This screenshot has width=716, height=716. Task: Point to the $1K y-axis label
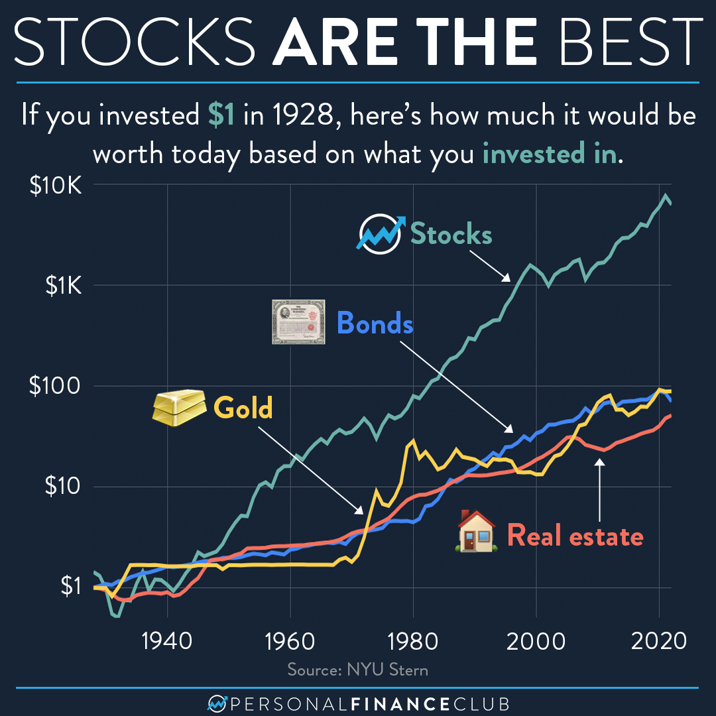click(x=63, y=286)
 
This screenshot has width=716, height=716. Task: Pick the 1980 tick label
click(x=412, y=641)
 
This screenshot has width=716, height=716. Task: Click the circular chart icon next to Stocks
click(x=381, y=233)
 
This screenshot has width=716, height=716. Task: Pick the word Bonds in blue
click(x=375, y=324)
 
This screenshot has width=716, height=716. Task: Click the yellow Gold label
click(x=243, y=408)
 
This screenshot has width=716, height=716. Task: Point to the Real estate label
click(x=575, y=536)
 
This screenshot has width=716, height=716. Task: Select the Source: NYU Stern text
click(x=358, y=670)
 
